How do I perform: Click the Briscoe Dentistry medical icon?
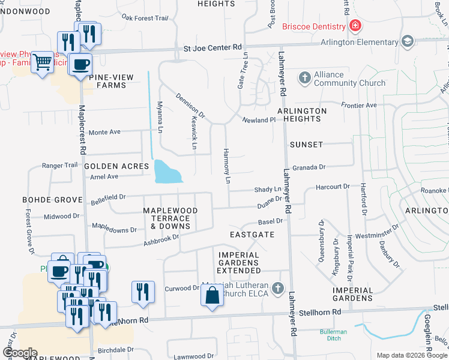(355, 26)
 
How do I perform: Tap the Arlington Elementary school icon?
(408, 41)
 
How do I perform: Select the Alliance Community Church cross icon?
(305, 78)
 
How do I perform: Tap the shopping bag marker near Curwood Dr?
(212, 296)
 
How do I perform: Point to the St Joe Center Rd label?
(212, 47)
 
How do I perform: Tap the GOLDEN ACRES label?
(116, 166)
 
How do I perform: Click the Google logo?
(19, 353)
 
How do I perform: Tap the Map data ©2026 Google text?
(411, 355)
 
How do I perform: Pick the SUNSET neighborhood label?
(306, 145)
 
